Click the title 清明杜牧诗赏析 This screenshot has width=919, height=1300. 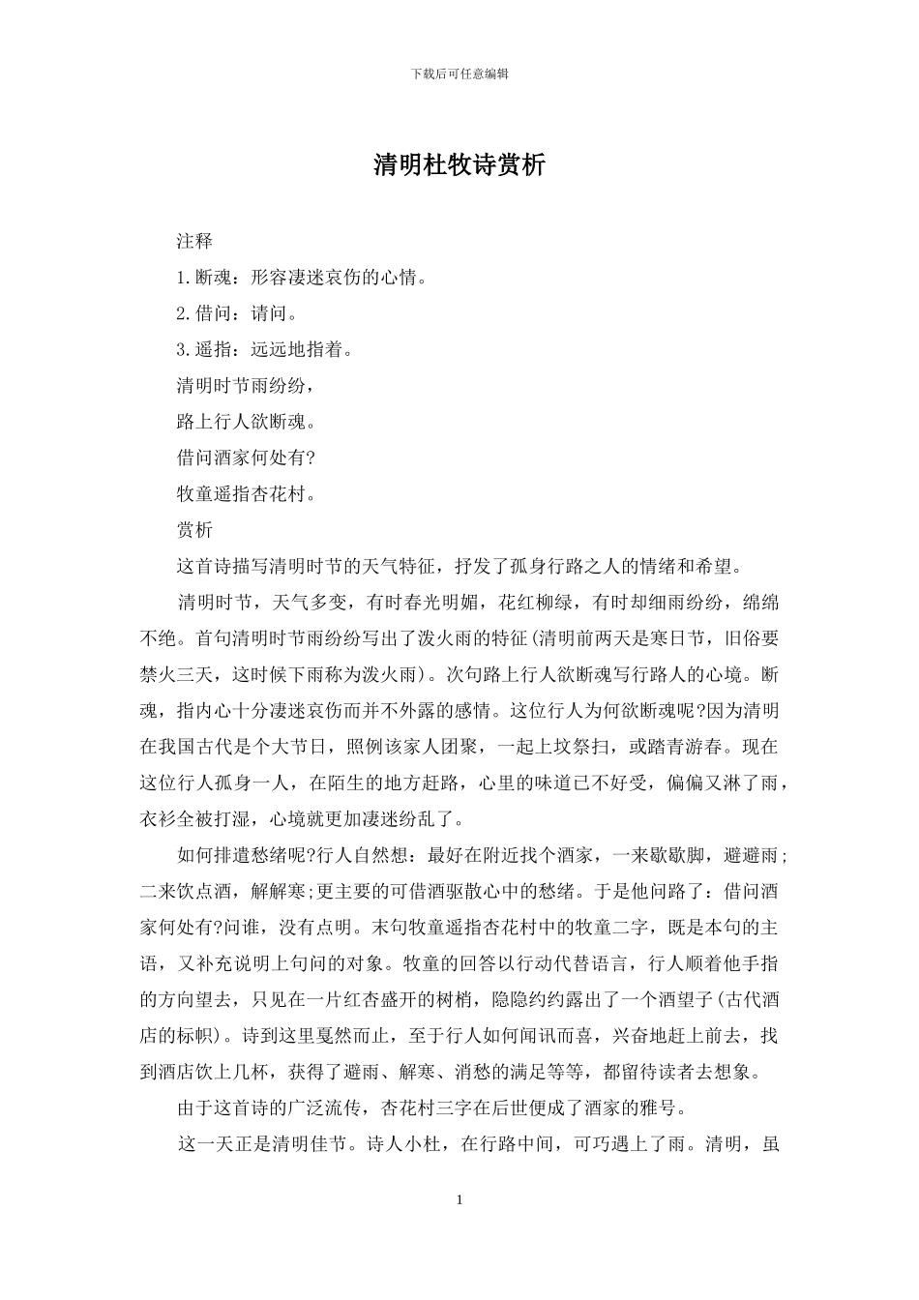459,165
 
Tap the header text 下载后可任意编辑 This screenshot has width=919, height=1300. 459,74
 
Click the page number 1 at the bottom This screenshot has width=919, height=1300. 459,1200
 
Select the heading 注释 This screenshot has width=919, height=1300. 194,240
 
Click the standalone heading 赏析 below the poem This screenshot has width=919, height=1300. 194,529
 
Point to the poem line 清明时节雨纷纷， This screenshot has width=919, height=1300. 246,385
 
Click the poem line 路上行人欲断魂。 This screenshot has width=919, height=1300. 246,421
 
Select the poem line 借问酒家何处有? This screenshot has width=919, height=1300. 246,458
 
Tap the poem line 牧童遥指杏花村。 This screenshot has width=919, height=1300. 246,493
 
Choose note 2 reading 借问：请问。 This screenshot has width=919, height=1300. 237,313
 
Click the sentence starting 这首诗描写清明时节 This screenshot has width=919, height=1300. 459,566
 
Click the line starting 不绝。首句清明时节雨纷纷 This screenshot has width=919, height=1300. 459,638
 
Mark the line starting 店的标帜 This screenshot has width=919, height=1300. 459,1036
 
